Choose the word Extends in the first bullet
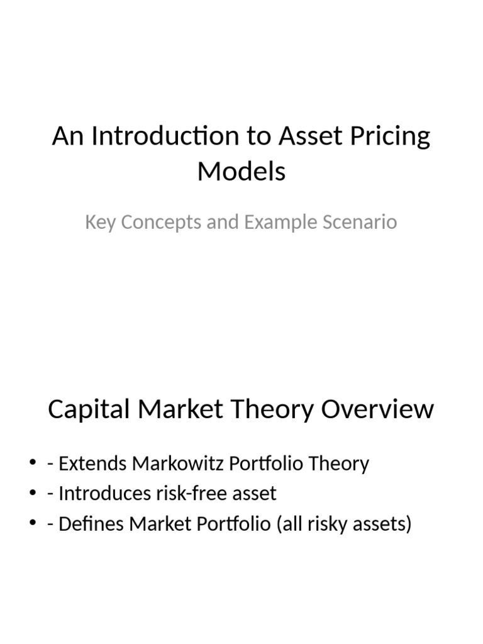coord(92,464)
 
